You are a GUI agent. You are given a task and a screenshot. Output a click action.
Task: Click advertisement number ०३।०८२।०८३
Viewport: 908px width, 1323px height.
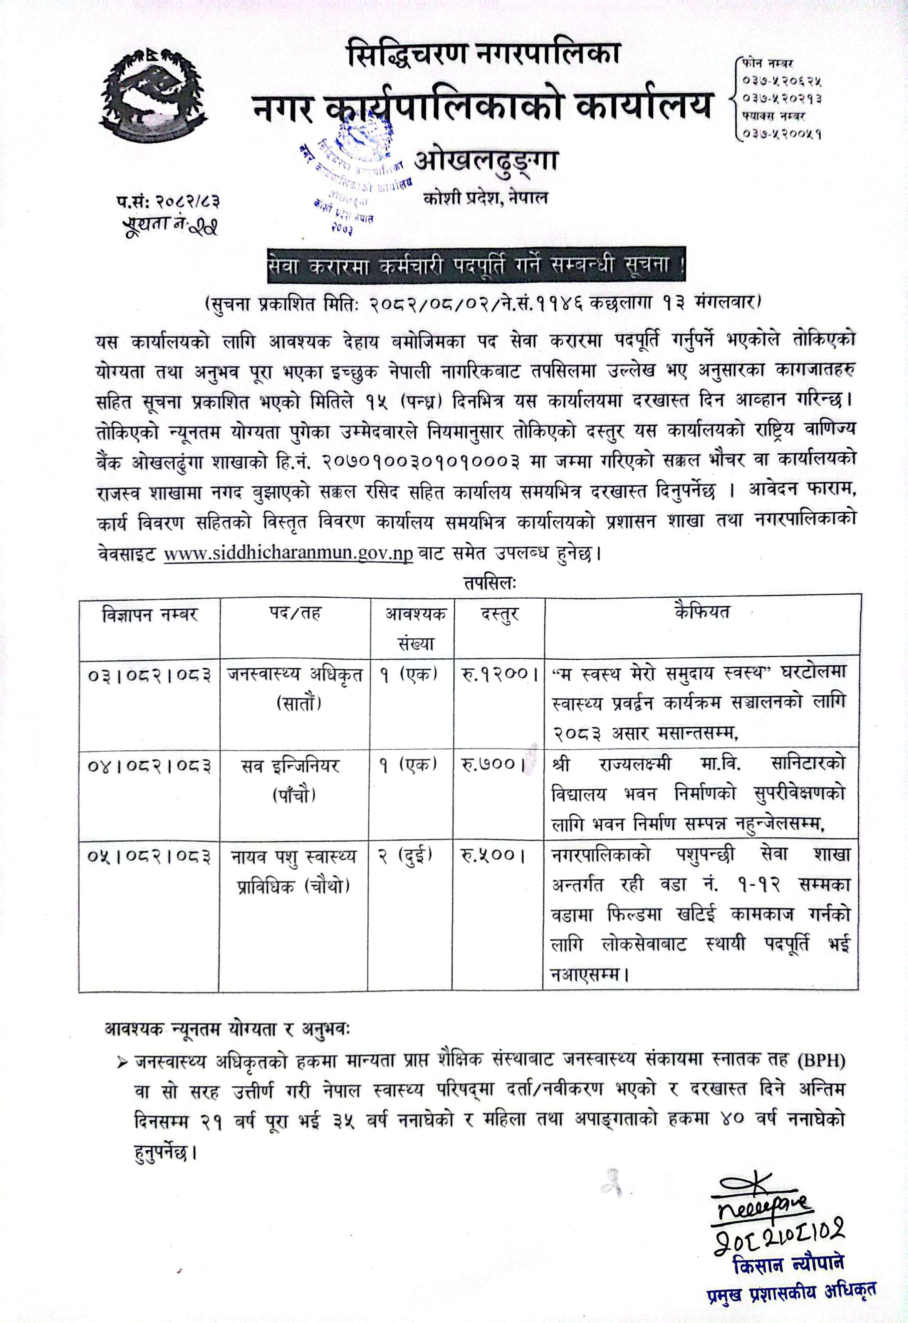pos(149,676)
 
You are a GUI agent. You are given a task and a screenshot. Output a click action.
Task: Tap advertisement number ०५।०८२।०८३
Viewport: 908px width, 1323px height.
pos(149,856)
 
